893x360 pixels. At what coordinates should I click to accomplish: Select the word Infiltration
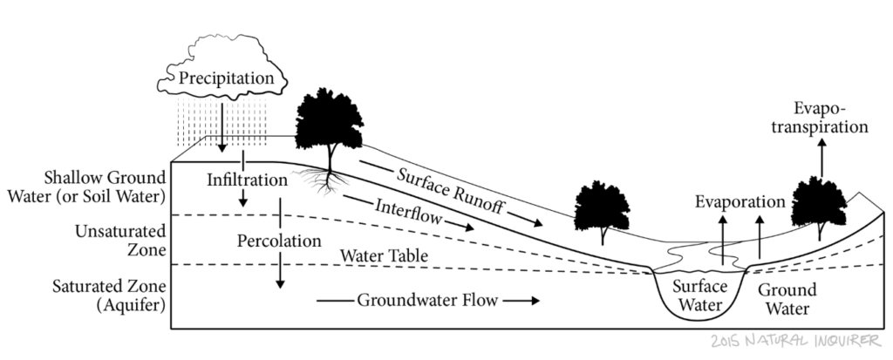(247, 180)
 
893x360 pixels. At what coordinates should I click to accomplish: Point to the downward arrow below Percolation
(280, 271)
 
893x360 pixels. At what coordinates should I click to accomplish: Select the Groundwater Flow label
(427, 302)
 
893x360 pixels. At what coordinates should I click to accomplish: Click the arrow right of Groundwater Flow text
(521, 302)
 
